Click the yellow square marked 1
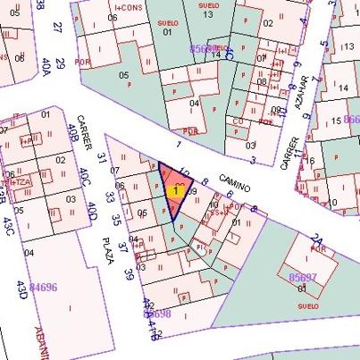[177, 190]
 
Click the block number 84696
[44, 288]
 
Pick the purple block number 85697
[303, 279]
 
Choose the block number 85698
[156, 314]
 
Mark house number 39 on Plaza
[127, 273]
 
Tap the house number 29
[60, 63]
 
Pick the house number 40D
[91, 211]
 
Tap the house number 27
[56, 27]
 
